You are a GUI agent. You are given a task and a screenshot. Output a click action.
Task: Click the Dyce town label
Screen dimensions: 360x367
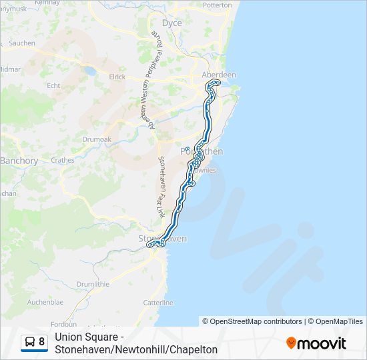(172, 23)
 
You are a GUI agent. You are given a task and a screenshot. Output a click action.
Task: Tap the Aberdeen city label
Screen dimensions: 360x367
(219, 75)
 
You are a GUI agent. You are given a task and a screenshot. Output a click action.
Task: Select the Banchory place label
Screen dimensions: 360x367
(19, 161)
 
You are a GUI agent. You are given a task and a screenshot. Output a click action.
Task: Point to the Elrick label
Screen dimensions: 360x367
(117, 77)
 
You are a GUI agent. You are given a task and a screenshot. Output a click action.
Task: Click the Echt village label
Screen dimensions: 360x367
(53, 85)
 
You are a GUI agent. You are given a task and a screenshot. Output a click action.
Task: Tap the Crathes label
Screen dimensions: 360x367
(63, 160)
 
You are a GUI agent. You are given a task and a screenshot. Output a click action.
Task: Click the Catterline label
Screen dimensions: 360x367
(158, 303)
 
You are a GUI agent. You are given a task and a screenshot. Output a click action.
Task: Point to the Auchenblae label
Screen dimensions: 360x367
(45, 302)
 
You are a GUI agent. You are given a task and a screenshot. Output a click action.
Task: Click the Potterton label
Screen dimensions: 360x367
(216, 5)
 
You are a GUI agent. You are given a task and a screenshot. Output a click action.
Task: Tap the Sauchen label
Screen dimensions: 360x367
(22, 43)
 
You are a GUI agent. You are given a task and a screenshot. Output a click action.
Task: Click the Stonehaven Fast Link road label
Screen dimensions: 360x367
(161, 186)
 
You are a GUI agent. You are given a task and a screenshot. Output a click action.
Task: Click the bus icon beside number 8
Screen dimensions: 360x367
(31, 342)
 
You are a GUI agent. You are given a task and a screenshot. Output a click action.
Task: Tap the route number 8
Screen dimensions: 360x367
(42, 342)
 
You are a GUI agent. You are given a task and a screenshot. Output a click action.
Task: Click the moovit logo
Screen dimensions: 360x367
(316, 343)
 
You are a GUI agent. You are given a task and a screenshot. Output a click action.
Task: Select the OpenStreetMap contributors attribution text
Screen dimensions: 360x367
(252, 321)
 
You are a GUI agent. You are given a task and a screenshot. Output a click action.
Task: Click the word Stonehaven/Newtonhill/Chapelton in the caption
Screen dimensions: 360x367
(136, 349)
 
